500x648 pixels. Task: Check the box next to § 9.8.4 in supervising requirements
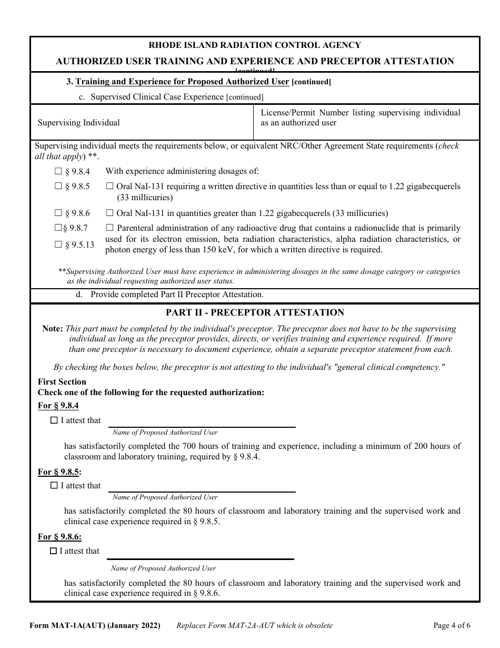coord(58,171)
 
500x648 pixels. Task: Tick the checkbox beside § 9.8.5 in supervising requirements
coord(58,186)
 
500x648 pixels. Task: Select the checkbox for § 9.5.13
coord(58,244)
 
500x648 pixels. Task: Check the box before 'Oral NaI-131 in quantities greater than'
coord(109,213)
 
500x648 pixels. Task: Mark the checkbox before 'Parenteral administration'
coord(109,228)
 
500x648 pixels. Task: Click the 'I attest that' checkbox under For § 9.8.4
coord(54,420)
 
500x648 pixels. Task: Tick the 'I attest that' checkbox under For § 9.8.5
coord(54,486)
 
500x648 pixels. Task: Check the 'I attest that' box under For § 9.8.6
coord(53,551)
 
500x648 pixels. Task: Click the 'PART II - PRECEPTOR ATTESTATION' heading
coord(255,312)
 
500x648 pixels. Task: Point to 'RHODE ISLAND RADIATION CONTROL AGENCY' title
coord(255,45)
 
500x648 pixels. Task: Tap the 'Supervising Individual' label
coord(79,123)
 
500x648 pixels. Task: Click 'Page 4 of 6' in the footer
coord(452,626)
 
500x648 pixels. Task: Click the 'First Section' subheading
coord(62,382)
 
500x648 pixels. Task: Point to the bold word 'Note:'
coord(53,328)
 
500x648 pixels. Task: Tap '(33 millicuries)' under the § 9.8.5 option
coord(145,198)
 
